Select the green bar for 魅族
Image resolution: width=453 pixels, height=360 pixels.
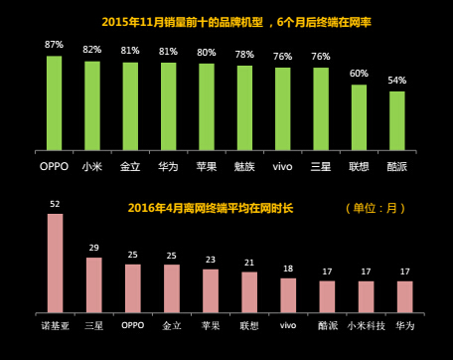click(x=244, y=107)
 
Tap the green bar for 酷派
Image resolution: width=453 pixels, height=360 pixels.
click(x=397, y=119)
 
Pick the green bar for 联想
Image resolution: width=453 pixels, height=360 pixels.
click(x=359, y=116)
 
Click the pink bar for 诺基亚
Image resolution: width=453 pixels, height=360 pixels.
click(x=56, y=262)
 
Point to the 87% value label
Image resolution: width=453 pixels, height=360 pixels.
click(x=54, y=45)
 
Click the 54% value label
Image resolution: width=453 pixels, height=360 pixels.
click(x=397, y=81)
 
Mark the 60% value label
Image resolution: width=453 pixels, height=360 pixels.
click(x=359, y=74)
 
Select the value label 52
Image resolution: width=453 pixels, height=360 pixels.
click(x=56, y=204)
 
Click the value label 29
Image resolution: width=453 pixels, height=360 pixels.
click(x=94, y=248)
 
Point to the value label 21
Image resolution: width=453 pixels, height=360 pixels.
click(x=249, y=263)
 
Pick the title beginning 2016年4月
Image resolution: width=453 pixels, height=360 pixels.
click(x=218, y=208)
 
